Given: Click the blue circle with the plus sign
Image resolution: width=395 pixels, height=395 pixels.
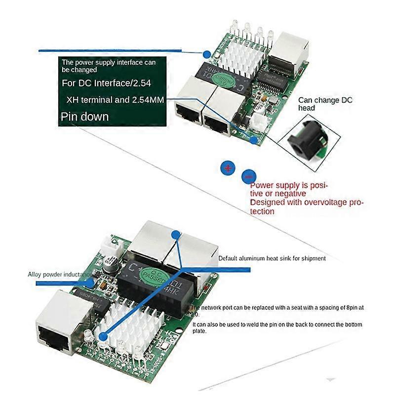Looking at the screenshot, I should click(228, 168).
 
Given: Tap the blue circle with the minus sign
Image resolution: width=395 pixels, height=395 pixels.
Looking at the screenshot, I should click(249, 176).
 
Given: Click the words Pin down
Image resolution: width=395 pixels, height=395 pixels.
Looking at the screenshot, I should click(84, 117).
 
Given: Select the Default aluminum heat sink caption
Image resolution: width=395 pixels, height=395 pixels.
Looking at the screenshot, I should click(272, 258).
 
